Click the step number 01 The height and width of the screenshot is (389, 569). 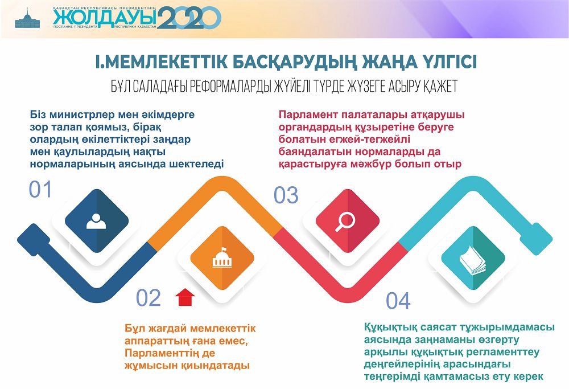40,190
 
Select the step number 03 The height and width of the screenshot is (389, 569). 286,195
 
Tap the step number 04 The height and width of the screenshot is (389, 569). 398,301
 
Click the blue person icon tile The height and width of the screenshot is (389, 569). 96,220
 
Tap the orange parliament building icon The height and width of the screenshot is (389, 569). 222,259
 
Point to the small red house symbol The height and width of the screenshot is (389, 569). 185,297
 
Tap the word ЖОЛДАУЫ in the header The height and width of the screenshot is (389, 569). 105,18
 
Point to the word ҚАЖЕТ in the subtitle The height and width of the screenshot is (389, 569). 436,87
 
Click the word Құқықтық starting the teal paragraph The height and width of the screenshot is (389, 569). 391,327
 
